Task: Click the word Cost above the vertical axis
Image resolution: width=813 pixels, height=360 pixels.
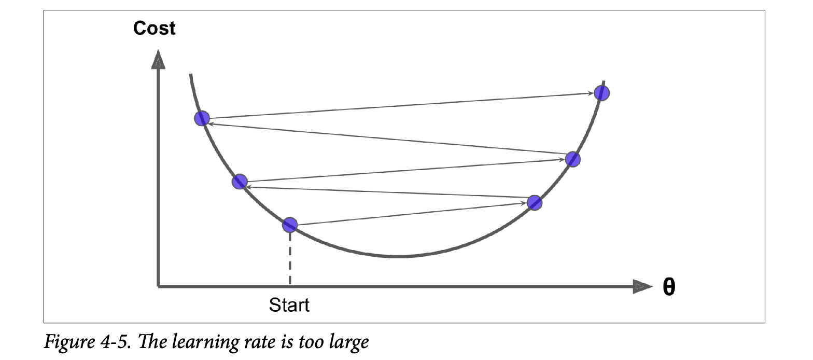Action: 154,28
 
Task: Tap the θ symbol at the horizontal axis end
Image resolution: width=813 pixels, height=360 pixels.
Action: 669,287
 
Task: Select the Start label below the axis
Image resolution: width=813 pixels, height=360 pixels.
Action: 289,304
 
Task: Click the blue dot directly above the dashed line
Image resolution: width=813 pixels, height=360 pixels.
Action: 290,225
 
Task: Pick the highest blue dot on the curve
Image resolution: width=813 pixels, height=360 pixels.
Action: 602,93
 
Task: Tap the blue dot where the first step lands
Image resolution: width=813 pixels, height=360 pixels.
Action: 535,203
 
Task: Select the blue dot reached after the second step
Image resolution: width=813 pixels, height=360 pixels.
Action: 239,182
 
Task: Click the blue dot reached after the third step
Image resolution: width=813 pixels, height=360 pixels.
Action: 572,159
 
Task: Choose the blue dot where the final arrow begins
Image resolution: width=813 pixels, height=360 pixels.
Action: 202,119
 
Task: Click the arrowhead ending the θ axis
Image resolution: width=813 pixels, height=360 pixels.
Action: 642,286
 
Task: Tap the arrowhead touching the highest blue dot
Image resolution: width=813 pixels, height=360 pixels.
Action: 592,93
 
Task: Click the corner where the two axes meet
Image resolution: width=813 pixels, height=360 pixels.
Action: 158,286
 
